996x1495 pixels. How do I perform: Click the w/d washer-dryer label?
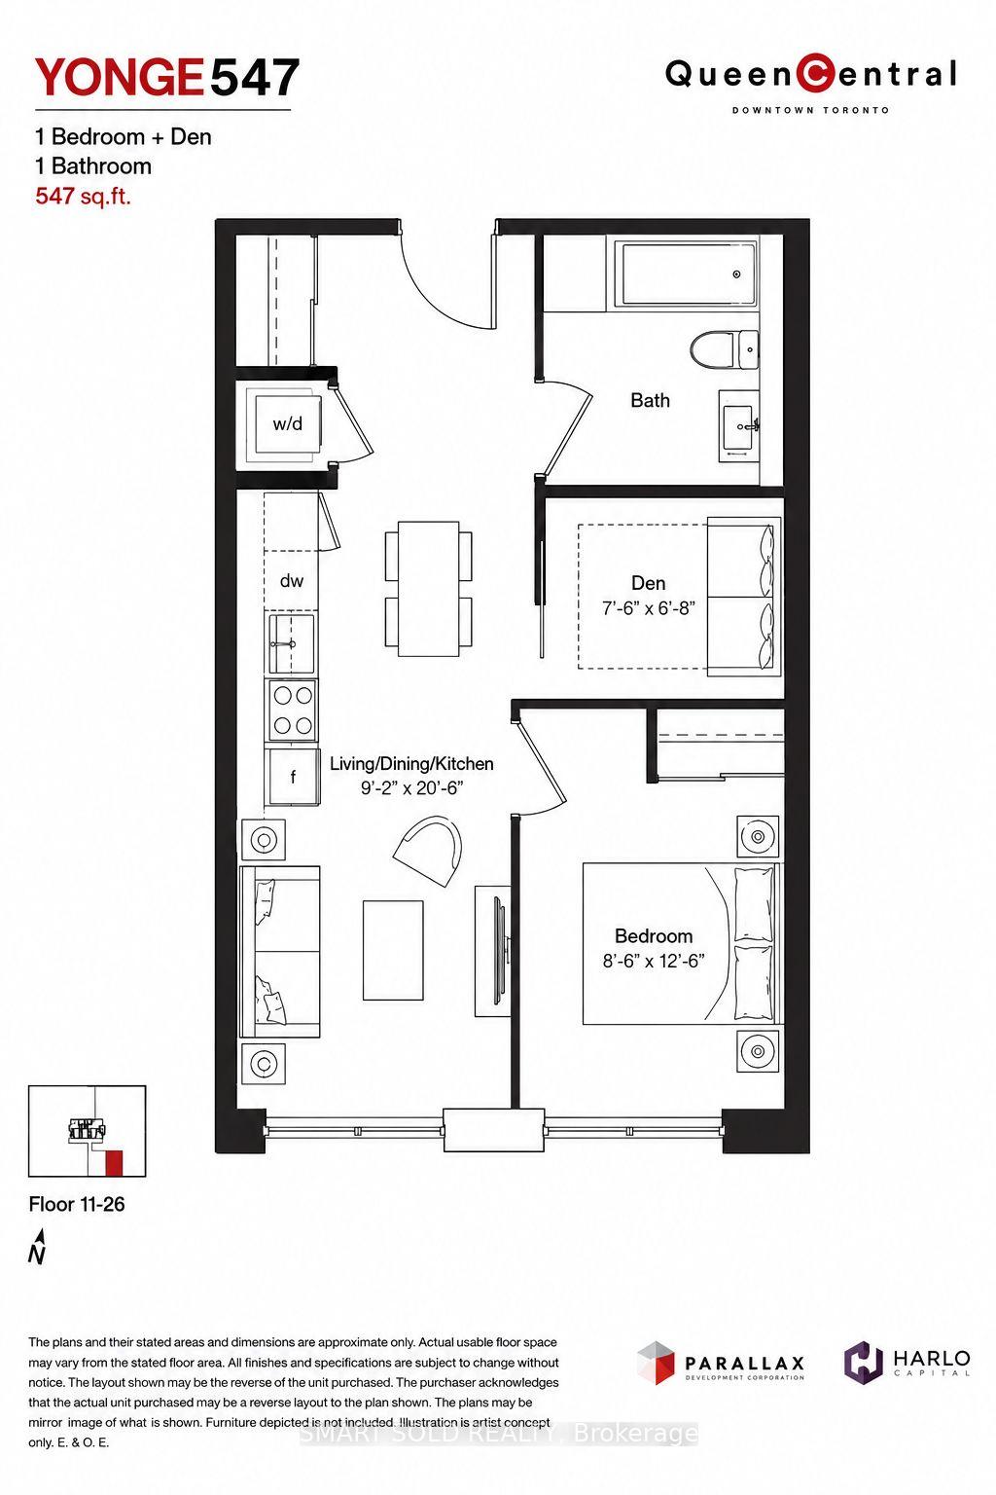click(x=288, y=423)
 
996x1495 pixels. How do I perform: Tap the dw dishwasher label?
click(x=292, y=581)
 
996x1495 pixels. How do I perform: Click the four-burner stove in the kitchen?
click(x=292, y=711)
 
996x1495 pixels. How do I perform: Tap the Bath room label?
click(x=650, y=400)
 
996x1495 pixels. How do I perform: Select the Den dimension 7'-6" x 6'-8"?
click(x=649, y=608)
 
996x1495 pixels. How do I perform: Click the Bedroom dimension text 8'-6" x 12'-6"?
click(x=653, y=961)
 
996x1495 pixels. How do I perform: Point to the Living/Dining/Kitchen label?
click(x=411, y=763)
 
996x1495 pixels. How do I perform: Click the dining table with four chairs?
click(x=428, y=589)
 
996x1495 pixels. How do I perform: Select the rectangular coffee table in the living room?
click(x=393, y=950)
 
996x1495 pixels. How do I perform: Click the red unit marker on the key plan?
click(x=114, y=1162)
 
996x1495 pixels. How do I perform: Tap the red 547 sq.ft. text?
click(x=84, y=196)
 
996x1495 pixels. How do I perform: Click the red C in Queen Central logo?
click(x=812, y=73)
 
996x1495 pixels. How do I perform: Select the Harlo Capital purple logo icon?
click(x=864, y=1360)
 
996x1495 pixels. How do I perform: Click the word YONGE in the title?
click(x=119, y=78)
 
